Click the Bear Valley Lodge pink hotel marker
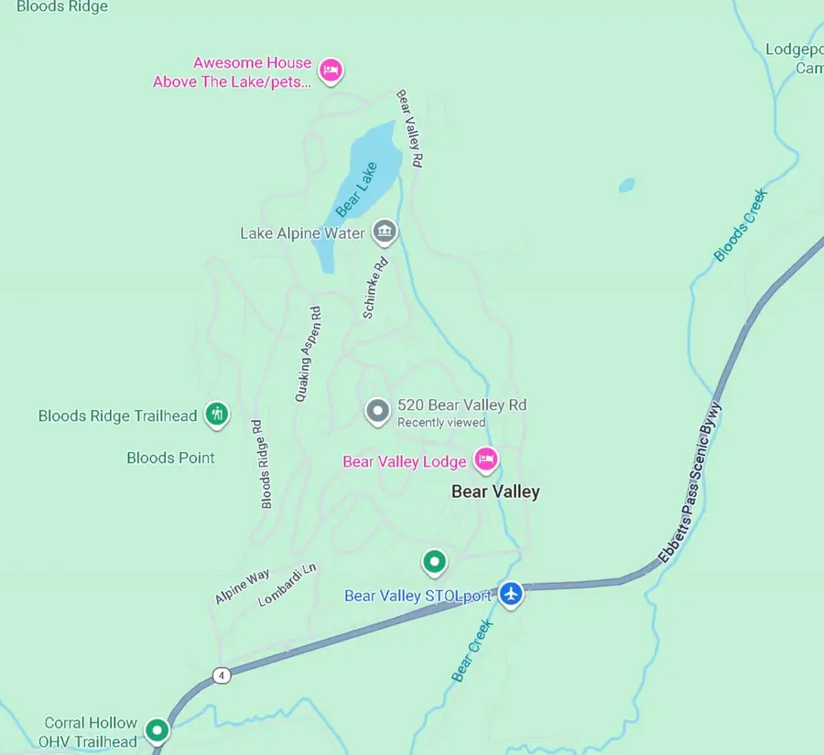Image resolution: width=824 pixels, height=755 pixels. (485, 458)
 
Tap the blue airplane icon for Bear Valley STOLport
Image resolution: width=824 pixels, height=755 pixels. (511, 593)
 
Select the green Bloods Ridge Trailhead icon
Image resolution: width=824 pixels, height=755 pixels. (217, 415)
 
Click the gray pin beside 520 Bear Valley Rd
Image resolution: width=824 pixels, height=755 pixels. (377, 412)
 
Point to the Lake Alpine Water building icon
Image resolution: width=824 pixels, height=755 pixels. (385, 232)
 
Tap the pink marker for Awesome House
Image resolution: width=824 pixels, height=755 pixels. (331, 70)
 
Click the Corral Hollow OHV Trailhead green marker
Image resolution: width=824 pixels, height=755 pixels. (158, 730)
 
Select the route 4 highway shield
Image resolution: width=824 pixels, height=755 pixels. (221, 675)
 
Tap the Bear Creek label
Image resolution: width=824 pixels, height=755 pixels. (472, 650)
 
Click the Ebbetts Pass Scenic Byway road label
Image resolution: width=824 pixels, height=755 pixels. (689, 482)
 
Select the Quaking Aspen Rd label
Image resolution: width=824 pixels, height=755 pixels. (309, 354)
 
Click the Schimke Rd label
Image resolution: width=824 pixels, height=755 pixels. (375, 287)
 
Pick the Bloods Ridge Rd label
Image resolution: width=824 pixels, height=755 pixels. (262, 464)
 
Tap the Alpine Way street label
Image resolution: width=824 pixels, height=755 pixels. (243, 587)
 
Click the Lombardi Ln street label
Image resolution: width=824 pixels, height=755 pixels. (287, 584)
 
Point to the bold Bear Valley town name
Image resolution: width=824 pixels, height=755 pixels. (495, 491)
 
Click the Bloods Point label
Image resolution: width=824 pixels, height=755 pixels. (171, 458)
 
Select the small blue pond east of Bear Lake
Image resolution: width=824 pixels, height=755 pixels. (626, 185)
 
